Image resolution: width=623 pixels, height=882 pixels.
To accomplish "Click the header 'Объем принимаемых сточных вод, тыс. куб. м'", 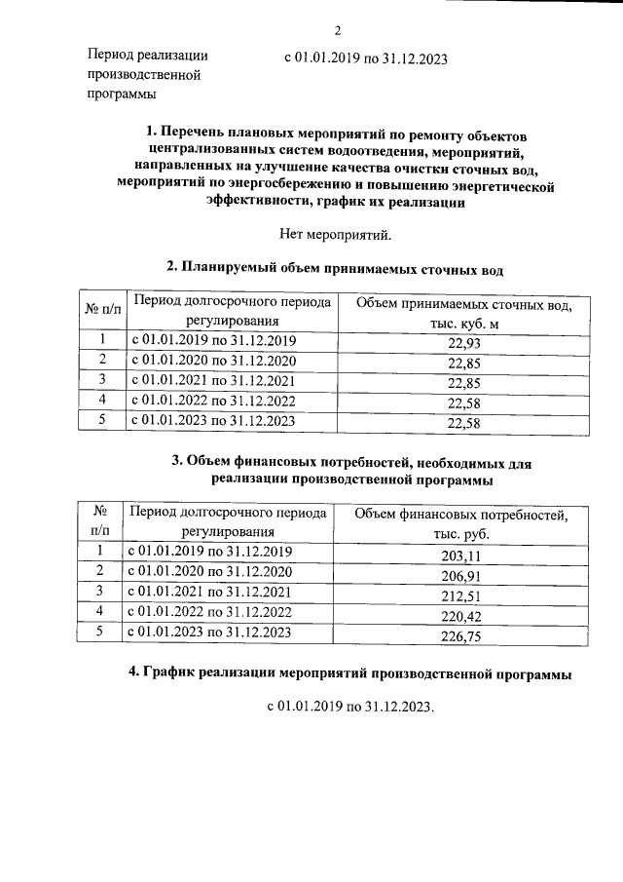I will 463,315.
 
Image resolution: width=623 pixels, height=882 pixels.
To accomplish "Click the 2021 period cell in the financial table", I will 210,593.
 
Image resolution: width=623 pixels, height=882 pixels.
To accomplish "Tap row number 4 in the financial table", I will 98,611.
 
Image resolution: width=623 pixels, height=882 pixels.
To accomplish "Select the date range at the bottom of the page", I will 348,705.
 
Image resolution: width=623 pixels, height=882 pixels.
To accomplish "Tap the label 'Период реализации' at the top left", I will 147,56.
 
